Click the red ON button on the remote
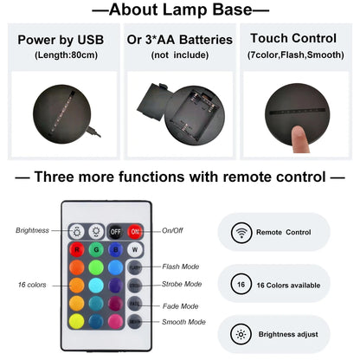[x=136, y=232]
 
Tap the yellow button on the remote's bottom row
[x=76, y=321]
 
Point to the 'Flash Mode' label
[x=181, y=267]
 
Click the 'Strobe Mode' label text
[x=183, y=284]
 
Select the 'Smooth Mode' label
[x=183, y=322]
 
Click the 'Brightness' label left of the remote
[x=33, y=230]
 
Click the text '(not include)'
[x=179, y=55]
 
